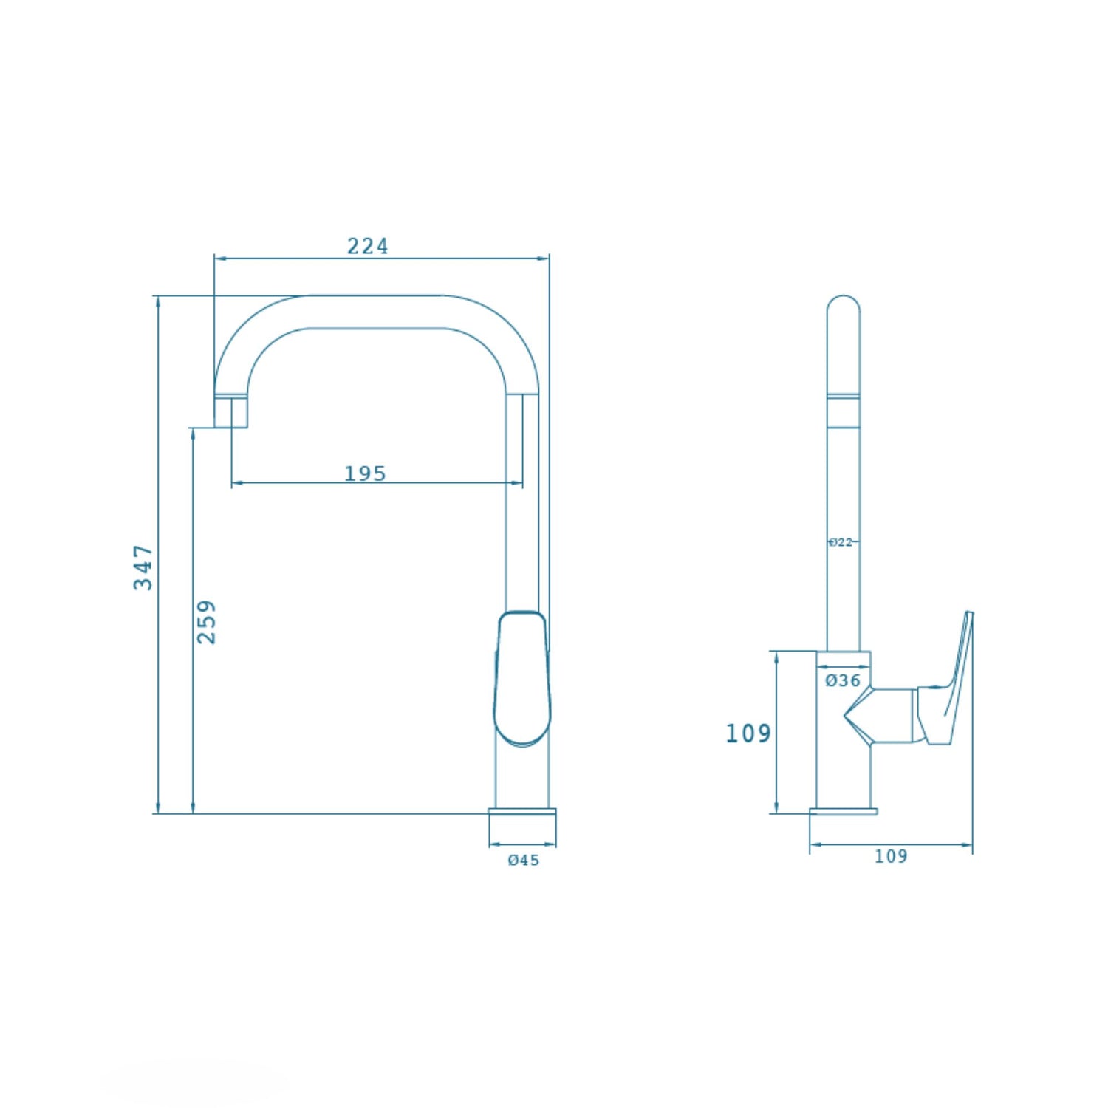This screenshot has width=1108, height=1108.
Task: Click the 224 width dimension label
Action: pyautogui.click(x=367, y=246)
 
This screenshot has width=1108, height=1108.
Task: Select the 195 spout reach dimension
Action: pyautogui.click(x=365, y=473)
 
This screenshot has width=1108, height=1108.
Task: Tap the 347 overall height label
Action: pyautogui.click(x=143, y=567)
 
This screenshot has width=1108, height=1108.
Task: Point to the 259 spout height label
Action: pyautogui.click(x=207, y=622)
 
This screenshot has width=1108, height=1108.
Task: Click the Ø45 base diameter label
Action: pyautogui.click(x=524, y=860)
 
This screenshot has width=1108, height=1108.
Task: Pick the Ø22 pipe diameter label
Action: pyautogui.click(x=841, y=542)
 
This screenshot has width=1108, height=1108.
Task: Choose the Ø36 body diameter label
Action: pyautogui.click(x=843, y=680)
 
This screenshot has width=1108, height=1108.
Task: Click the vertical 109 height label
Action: pyautogui.click(x=748, y=733)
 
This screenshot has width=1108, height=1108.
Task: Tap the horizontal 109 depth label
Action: pyautogui.click(x=891, y=856)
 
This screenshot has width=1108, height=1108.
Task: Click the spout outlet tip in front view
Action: pyautogui.click(x=230, y=413)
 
